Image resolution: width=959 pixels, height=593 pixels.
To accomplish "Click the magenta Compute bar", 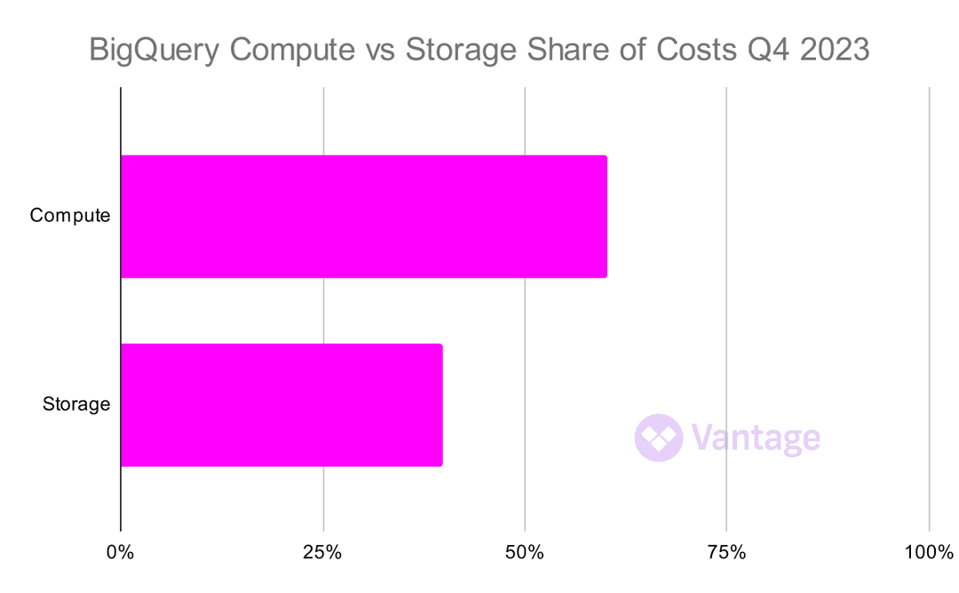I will [x=363, y=217].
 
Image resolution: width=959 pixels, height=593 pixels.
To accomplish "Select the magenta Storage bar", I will [x=281, y=405].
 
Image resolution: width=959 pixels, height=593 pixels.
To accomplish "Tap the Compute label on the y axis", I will [x=70, y=216].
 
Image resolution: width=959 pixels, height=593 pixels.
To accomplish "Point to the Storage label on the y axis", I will [x=76, y=405].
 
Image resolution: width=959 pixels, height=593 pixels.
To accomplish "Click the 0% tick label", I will [x=121, y=553].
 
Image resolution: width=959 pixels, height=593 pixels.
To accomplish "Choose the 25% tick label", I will [x=322, y=553].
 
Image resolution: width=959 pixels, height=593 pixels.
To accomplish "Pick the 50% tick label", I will [x=525, y=553].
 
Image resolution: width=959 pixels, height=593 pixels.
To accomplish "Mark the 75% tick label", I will [x=726, y=553].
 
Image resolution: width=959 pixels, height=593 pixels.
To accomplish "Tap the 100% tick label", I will [x=928, y=553].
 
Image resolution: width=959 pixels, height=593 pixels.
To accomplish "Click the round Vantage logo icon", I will [x=659, y=438].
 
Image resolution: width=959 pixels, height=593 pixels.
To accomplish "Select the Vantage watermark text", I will [x=756, y=438].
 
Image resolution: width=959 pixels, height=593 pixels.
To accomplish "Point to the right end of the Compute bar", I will [x=605, y=217].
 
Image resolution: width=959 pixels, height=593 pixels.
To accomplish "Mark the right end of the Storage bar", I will [x=440, y=405].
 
